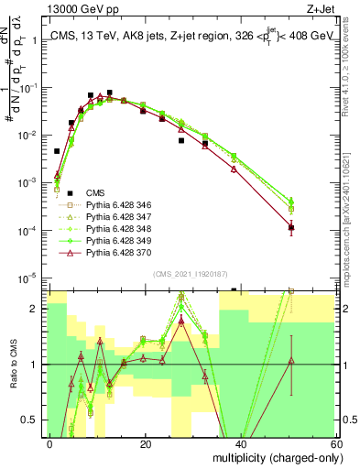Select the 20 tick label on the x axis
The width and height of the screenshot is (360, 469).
145,443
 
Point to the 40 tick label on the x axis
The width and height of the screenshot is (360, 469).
240,443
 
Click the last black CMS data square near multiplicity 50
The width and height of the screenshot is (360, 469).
291,227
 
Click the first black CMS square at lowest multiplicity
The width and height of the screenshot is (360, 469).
57,151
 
